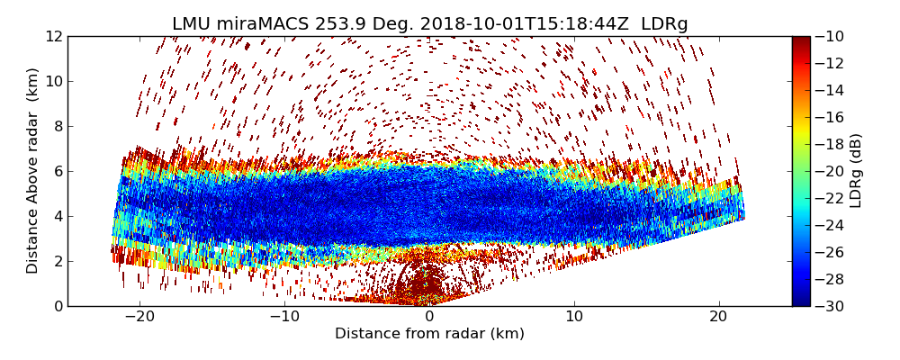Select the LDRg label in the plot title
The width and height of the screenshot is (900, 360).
point(664,24)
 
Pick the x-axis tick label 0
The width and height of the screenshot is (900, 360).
point(429,317)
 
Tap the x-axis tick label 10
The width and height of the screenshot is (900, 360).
point(574,317)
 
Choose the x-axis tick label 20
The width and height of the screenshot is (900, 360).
point(718,317)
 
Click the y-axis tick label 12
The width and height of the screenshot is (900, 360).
point(53,36)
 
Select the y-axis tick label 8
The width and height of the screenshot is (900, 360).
point(57,126)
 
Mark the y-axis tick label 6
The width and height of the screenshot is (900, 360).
point(57,171)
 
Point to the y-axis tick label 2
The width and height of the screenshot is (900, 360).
point(57,261)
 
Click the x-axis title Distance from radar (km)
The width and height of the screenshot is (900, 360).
point(429,334)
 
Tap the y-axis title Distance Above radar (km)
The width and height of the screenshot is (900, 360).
point(33,171)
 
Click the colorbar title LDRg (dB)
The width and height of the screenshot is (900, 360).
point(856,171)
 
